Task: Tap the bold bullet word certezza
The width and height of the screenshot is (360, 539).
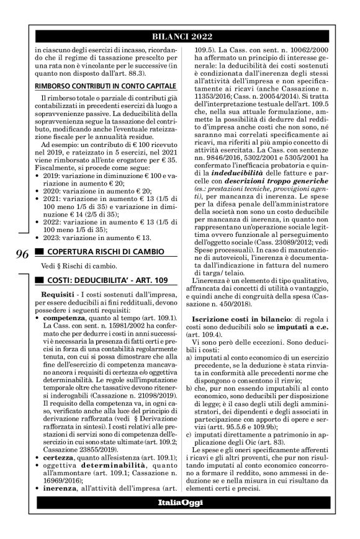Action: click(x=58, y=474)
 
